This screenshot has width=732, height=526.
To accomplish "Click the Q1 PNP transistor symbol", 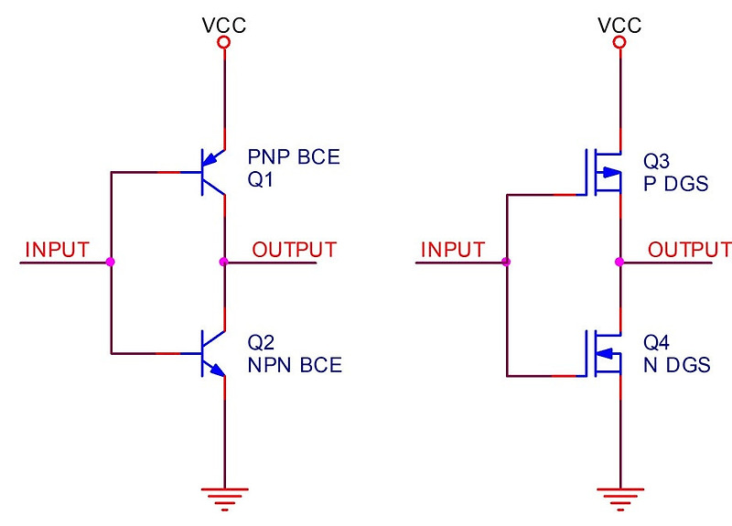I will click(x=213, y=172).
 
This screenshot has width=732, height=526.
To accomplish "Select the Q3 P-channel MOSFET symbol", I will click(x=604, y=171).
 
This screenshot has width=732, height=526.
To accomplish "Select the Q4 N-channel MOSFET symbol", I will click(x=604, y=353).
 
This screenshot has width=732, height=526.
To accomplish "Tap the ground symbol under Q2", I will click(x=224, y=498).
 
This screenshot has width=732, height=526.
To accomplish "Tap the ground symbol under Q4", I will click(x=620, y=498).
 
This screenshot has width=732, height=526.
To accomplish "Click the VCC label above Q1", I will click(x=224, y=24).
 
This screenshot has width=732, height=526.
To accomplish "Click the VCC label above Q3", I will click(x=620, y=24).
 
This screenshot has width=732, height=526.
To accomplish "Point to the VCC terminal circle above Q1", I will click(x=224, y=42).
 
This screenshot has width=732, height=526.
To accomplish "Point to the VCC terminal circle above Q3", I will click(x=620, y=42).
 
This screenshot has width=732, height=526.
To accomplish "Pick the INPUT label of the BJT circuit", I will click(x=58, y=249).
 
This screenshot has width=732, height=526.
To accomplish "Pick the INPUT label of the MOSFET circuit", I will click(x=453, y=249).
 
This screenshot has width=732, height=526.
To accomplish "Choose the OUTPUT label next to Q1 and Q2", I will click(x=295, y=249).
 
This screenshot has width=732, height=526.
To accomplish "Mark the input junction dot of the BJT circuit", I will click(x=111, y=263).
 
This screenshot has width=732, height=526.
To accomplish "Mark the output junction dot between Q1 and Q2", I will click(x=224, y=263).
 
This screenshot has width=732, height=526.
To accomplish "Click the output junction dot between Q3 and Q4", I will click(x=620, y=263).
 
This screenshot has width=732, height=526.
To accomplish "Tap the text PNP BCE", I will click(x=294, y=158).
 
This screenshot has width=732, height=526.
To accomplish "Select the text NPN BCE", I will click(x=295, y=366).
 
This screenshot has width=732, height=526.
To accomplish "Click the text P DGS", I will click(x=676, y=183).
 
